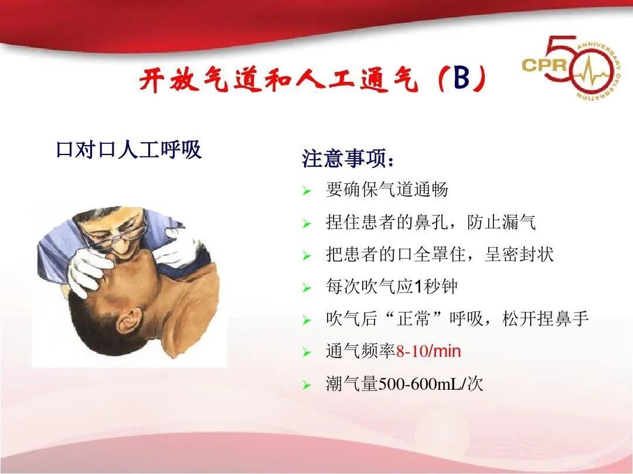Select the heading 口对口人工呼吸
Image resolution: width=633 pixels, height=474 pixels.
point(128,150)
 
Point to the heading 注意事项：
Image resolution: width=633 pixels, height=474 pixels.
point(348,159)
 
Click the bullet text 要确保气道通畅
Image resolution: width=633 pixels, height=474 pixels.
point(387,190)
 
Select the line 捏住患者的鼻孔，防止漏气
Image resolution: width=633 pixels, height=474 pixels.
point(431,222)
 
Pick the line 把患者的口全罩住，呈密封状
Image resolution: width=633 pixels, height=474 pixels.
point(440,255)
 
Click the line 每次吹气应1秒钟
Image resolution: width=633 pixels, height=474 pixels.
point(392,287)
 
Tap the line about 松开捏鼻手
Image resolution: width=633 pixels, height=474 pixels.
point(457,319)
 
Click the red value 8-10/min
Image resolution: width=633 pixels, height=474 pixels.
point(428,352)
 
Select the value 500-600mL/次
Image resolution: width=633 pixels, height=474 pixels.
point(431,384)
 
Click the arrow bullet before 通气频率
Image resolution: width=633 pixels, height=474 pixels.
point(305,353)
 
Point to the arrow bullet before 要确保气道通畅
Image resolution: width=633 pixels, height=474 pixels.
point(305,191)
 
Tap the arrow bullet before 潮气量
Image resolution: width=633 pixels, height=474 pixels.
point(305,386)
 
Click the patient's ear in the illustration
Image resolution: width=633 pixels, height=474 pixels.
point(128,324)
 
